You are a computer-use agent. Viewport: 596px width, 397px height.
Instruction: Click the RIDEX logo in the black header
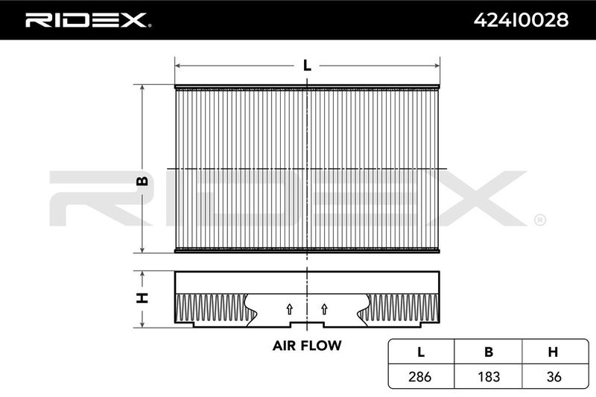88,20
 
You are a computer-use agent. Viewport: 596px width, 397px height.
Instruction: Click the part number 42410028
521,20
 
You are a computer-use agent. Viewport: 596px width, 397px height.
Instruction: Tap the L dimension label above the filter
307,66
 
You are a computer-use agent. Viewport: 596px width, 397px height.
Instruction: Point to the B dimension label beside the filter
142,181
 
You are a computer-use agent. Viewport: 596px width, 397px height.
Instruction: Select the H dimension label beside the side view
142,298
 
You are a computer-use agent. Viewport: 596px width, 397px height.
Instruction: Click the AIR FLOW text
307,346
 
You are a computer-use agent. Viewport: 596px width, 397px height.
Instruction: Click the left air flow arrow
290,309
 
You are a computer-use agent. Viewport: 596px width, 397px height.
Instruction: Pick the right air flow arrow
324,309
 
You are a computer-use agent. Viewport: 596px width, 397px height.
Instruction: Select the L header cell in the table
421,352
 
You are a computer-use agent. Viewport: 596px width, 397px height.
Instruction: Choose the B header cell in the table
489,352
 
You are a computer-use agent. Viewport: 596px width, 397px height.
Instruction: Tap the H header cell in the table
554,352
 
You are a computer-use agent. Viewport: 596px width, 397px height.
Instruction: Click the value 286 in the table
420,377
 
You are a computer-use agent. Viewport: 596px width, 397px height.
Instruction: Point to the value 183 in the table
489,377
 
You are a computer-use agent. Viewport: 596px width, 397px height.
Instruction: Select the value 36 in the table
554,377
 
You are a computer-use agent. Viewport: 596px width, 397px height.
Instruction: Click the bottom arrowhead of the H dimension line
142,326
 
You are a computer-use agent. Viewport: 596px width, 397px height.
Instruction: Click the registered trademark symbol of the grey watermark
540,220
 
